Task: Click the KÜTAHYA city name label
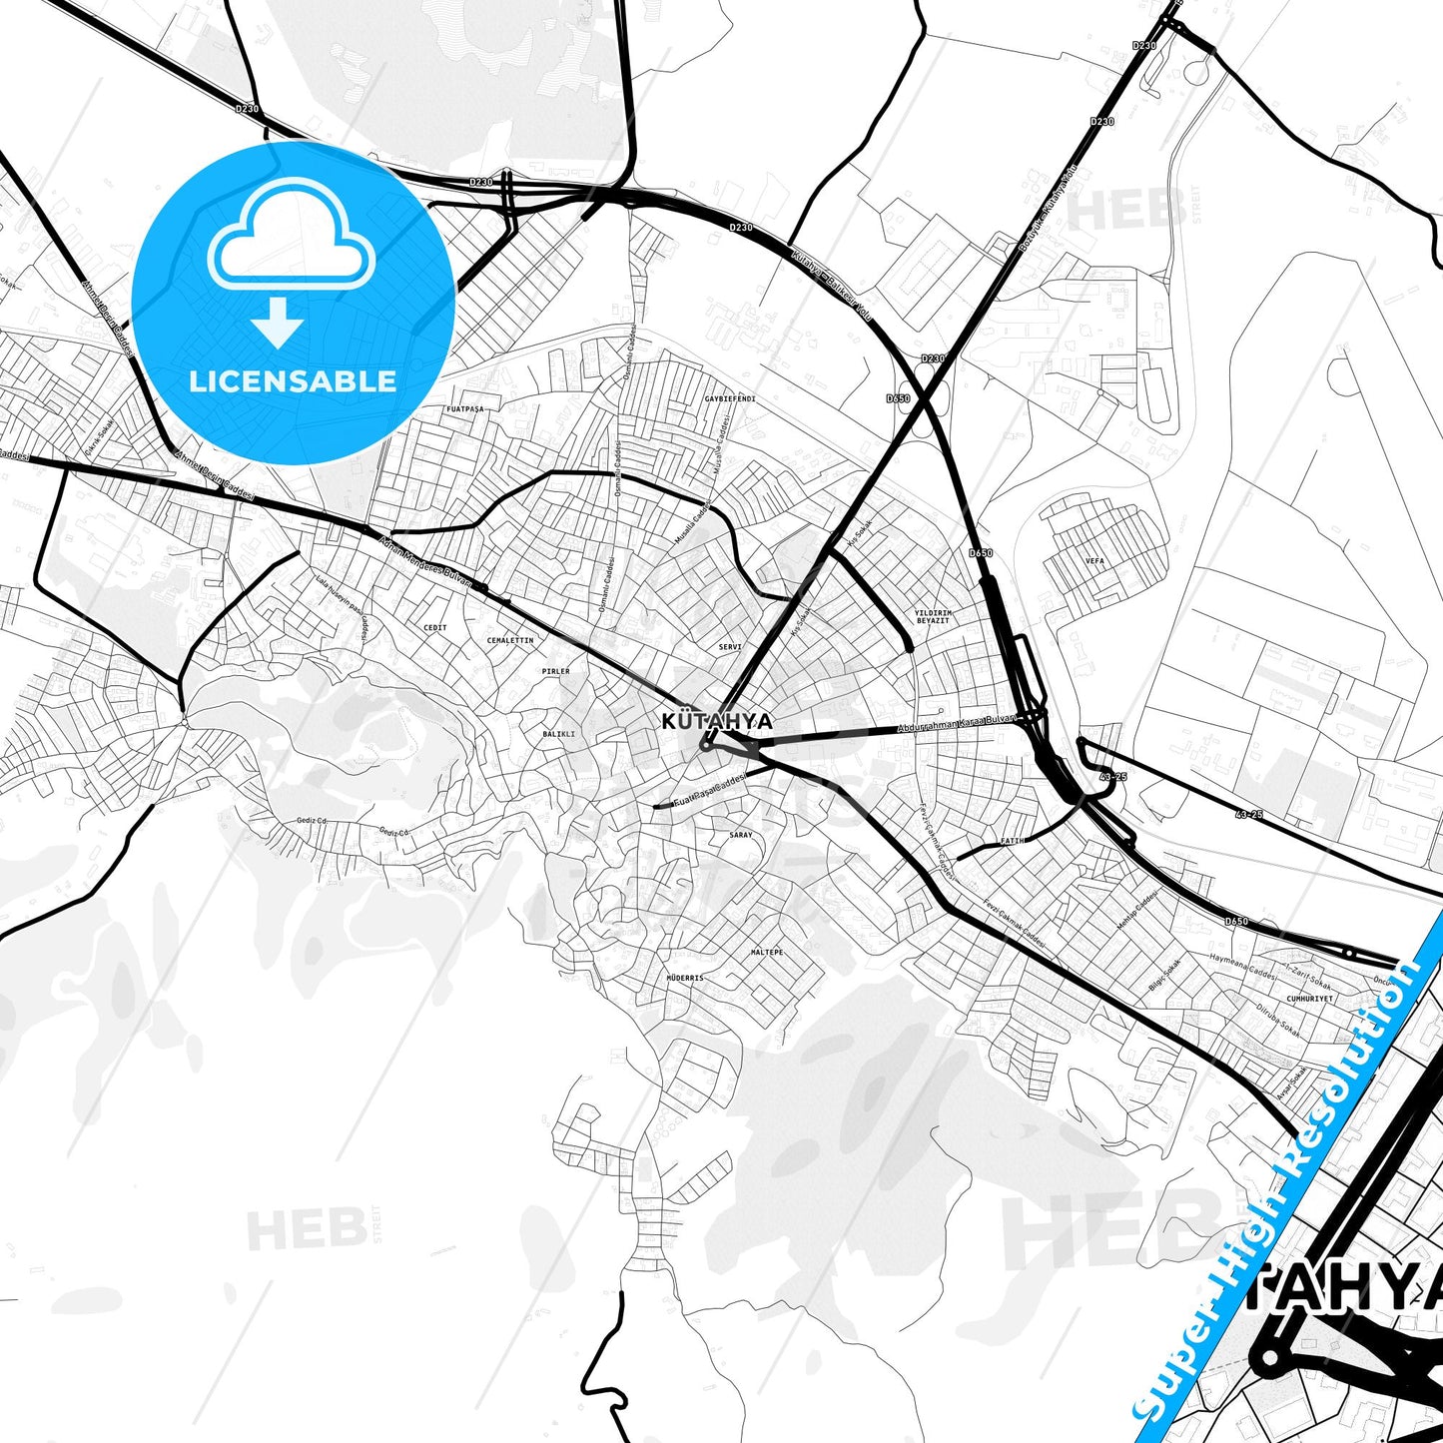coord(703,721)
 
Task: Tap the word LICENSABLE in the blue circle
coord(293,380)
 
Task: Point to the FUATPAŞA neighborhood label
coord(464,409)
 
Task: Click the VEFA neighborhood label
coord(1094,561)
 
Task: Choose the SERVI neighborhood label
coord(730,647)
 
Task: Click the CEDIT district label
coord(435,627)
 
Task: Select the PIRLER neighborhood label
coord(555,671)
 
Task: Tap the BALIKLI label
coord(558,734)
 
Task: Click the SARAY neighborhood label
coord(741,834)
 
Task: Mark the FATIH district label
coord(1012,841)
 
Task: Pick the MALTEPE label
coord(767,953)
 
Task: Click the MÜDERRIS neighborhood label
coord(685,978)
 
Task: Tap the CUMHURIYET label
coord(1310,998)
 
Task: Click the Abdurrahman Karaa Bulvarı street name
coord(957,724)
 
